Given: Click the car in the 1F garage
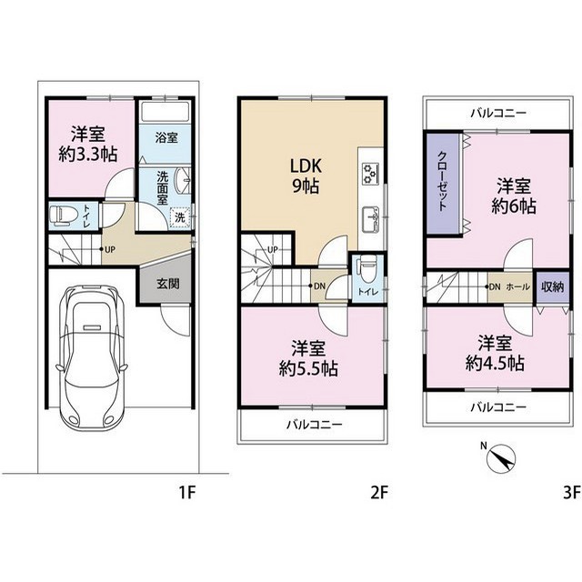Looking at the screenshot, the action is (x=92, y=356).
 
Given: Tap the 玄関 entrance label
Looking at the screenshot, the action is (x=168, y=284).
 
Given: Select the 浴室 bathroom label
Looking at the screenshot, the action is (x=166, y=138).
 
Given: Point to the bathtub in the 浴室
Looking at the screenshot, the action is (x=166, y=110).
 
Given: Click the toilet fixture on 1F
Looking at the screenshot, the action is (x=64, y=216).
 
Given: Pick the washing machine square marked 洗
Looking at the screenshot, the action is (x=180, y=217).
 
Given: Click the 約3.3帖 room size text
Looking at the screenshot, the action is (x=88, y=154).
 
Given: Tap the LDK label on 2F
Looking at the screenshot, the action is (x=306, y=166).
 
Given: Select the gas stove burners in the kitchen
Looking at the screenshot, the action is (x=370, y=174).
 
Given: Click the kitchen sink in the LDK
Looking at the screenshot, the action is (x=370, y=219).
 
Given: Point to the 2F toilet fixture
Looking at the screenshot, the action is (x=366, y=270).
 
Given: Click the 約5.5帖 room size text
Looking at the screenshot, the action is (x=308, y=369).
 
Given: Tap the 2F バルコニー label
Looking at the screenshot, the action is (x=314, y=424).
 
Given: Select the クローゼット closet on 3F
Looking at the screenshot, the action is (x=443, y=184).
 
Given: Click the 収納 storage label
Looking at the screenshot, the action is (x=552, y=287).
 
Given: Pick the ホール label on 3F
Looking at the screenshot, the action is (x=517, y=287).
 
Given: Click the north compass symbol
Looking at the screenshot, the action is (x=501, y=458).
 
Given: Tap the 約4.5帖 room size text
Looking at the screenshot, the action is (x=495, y=364).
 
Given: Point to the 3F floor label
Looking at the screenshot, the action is (x=572, y=493).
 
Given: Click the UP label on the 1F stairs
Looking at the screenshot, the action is (x=110, y=250).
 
